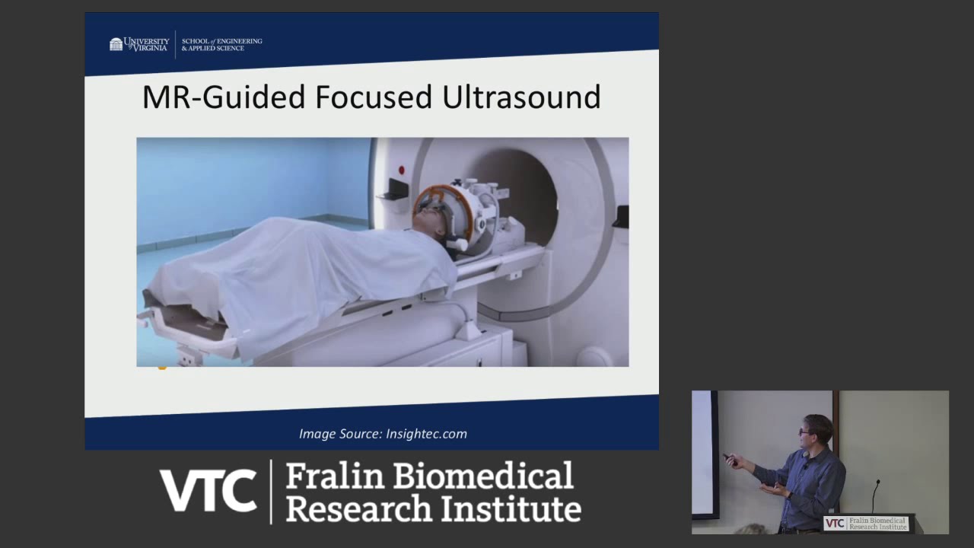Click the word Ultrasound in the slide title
[x=521, y=97]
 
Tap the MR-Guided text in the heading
[x=224, y=97]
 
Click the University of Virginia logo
[x=139, y=44]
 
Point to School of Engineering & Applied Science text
[x=221, y=44]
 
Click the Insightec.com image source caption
[x=383, y=434]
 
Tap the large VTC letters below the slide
[x=207, y=491]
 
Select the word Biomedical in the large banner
[x=484, y=476]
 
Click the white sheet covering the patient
[x=304, y=274]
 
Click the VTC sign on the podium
[x=866, y=524]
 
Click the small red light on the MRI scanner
[x=401, y=170]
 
